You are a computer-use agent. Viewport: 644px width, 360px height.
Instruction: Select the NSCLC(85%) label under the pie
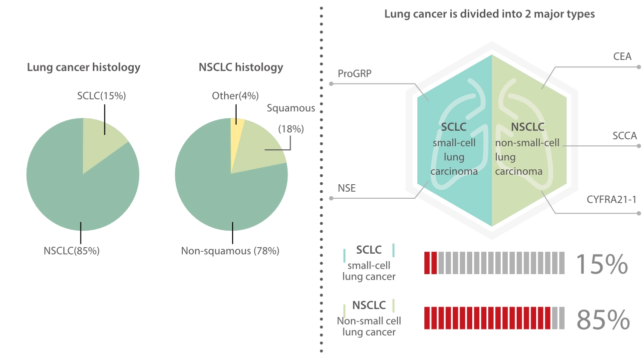click(71, 251)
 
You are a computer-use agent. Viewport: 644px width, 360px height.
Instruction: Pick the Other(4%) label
click(231, 95)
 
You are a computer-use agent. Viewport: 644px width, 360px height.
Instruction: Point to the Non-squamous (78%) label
click(230, 251)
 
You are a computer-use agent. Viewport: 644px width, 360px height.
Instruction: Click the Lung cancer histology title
click(83, 67)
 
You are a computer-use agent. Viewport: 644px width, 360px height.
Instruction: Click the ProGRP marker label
click(354, 74)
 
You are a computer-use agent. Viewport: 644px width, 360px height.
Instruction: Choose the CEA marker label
click(622, 56)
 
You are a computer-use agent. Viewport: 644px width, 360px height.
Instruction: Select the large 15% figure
click(602, 264)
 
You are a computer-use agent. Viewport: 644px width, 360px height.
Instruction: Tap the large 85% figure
click(603, 320)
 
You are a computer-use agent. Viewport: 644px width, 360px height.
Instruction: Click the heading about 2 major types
click(489, 14)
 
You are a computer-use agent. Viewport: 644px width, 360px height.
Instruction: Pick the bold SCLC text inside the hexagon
click(453, 127)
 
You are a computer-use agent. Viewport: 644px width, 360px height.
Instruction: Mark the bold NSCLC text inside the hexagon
click(528, 127)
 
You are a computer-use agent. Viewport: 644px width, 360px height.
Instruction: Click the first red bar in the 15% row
click(427, 263)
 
